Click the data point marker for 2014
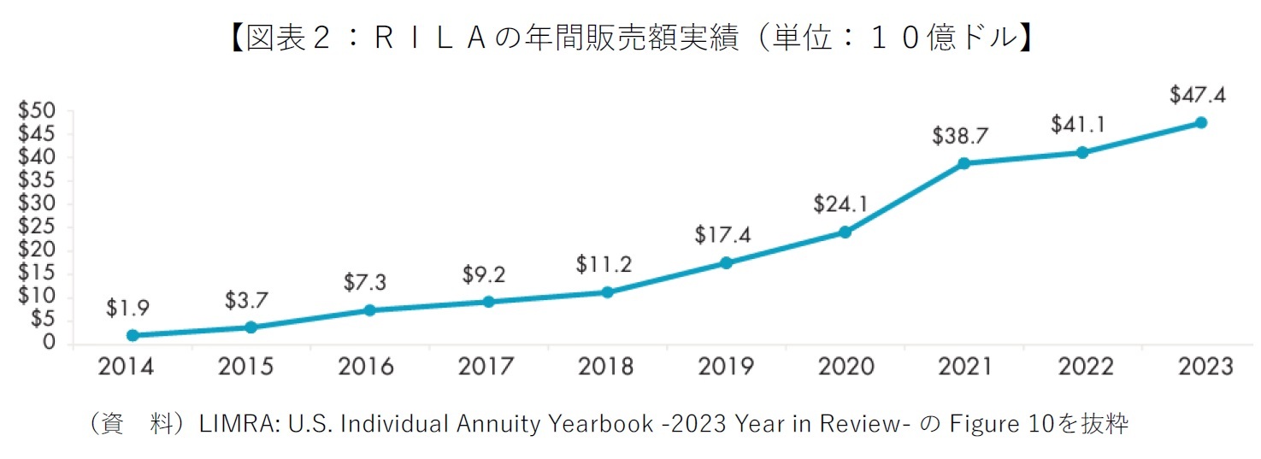coord(133,335)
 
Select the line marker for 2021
coord(963,163)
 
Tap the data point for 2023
coord(1200,122)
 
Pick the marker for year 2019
coord(726,262)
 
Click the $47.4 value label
coord(1197,95)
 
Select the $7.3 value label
coord(366,282)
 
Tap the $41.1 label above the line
coord(1078,125)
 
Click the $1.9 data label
coord(128,309)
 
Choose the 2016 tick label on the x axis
coord(366,367)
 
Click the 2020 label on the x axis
coord(846,367)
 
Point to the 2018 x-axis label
coord(605,367)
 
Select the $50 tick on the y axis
coord(37,111)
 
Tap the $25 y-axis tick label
coord(37,227)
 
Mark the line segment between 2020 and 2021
coord(905,197)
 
